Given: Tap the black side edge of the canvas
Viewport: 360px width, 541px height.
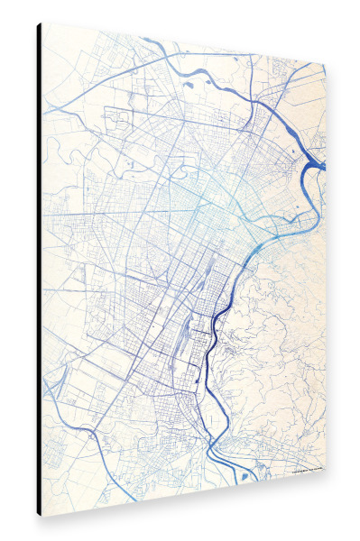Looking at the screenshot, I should coord(39,270).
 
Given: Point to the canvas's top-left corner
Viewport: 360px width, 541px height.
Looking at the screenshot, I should coord(42,24).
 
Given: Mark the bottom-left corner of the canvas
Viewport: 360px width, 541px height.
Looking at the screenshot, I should coord(42,517).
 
